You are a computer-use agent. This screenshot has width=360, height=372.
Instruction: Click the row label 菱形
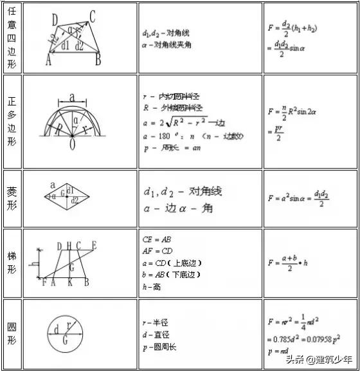(12, 199)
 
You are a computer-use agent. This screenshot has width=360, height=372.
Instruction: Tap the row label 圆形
(12, 332)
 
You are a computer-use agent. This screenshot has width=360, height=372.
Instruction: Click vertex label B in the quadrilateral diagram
(98, 61)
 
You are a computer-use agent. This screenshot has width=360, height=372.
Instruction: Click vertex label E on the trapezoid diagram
(94, 245)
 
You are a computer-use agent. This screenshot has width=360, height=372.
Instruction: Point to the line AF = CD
(157, 250)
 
